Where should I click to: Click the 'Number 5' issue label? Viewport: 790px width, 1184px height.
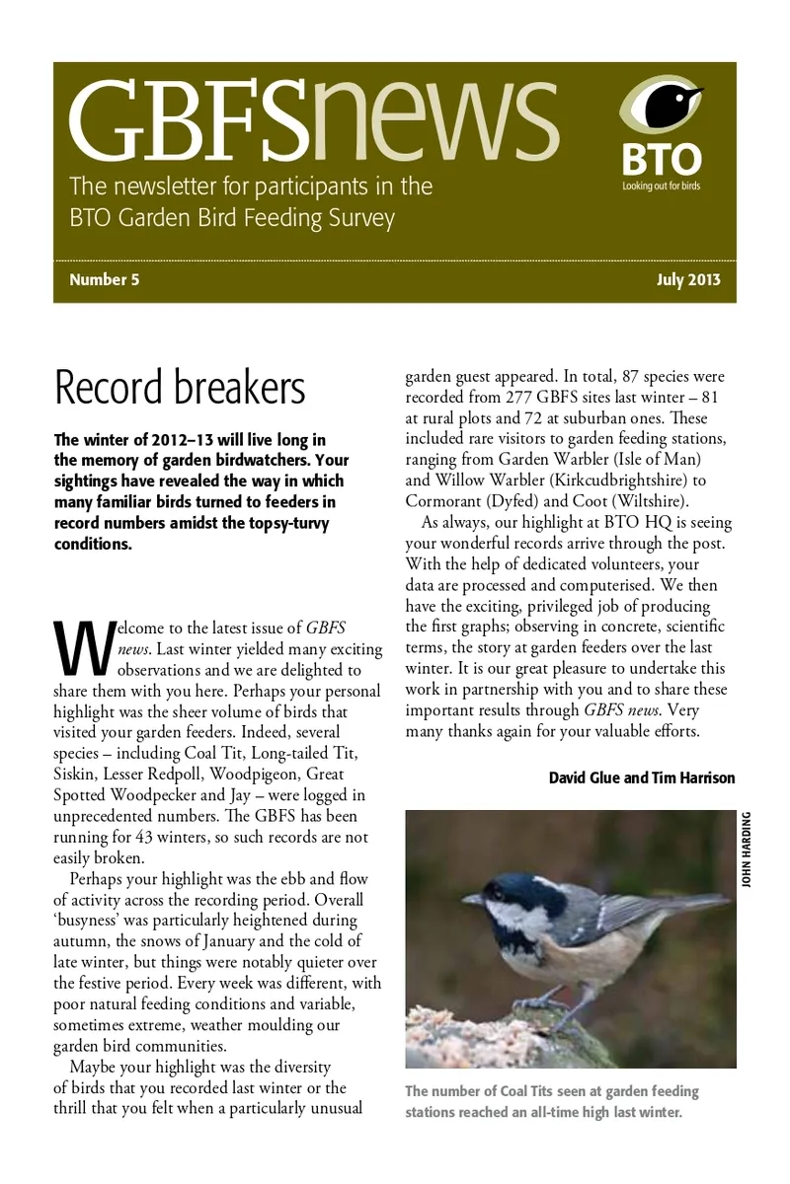104,280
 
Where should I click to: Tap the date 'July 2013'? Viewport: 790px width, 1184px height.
688,280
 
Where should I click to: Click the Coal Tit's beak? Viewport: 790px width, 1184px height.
471,900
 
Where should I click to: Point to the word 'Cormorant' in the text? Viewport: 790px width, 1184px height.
444,500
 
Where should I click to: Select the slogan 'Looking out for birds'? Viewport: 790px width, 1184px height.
661,185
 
